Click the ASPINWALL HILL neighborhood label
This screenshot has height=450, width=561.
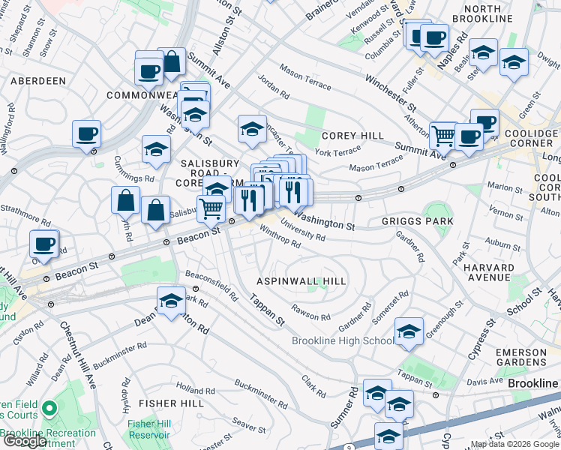tap(301, 281)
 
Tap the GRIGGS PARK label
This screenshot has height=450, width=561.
tap(417, 221)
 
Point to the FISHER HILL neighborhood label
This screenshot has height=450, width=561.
tap(160, 403)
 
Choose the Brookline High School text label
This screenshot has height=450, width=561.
tap(342, 341)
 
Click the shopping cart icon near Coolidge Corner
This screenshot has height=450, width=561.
tap(443, 136)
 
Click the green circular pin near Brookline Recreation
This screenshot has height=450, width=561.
tap(49, 409)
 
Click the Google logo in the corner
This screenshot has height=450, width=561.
tap(24, 441)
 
